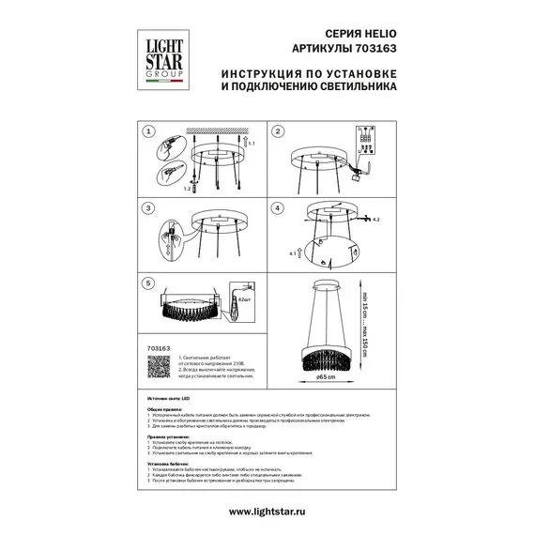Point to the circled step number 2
278,133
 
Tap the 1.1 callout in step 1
251,144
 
